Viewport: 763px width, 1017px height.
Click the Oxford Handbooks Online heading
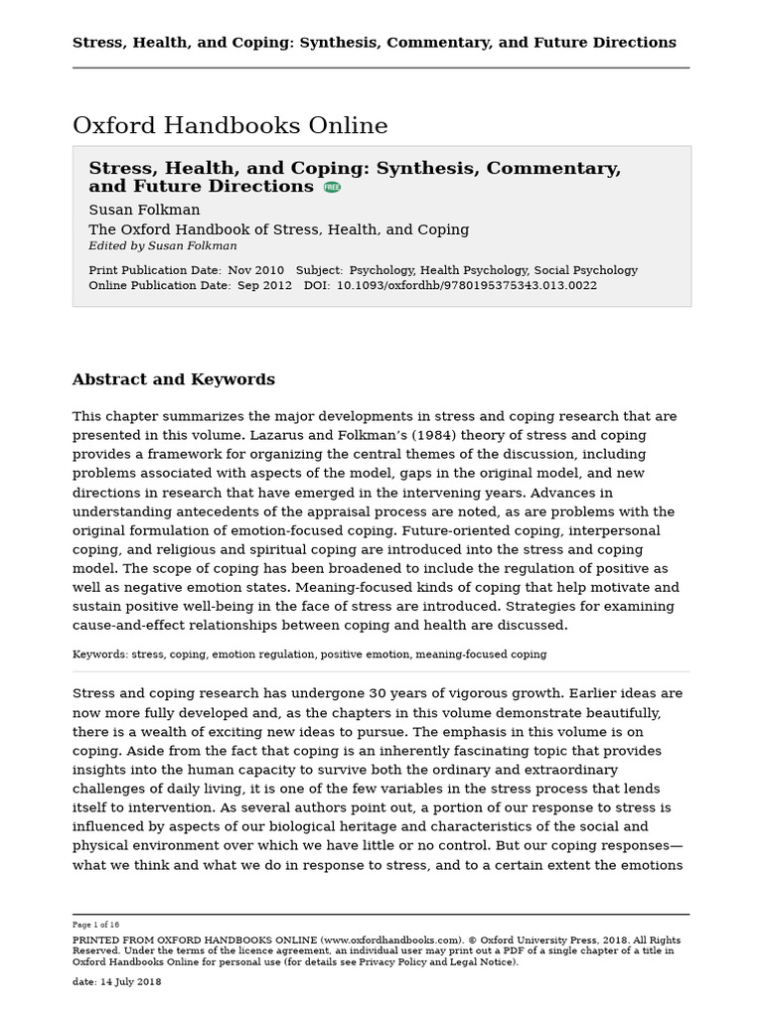coord(229,126)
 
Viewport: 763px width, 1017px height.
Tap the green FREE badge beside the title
coord(332,187)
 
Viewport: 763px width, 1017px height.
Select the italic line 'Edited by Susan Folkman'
coord(162,246)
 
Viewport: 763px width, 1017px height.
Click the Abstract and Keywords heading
coord(173,379)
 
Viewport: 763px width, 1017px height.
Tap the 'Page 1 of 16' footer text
coord(95,925)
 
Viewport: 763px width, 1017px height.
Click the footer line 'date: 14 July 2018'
coord(116,982)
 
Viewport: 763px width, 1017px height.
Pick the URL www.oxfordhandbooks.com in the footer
coord(390,940)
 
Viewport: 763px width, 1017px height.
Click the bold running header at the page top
coord(374,43)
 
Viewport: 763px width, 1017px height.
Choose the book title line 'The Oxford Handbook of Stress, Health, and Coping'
coord(278,229)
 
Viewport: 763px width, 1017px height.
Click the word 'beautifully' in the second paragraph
coord(618,713)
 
